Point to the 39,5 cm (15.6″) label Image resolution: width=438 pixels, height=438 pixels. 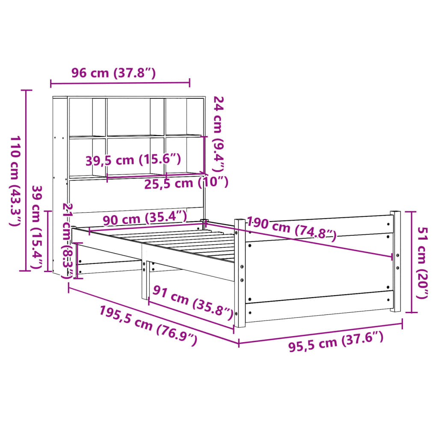click(133, 160)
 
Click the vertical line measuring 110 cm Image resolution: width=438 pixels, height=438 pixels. click(27, 180)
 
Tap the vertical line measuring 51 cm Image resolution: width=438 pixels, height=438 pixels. click(411, 262)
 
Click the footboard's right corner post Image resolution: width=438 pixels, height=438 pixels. click(396, 261)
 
